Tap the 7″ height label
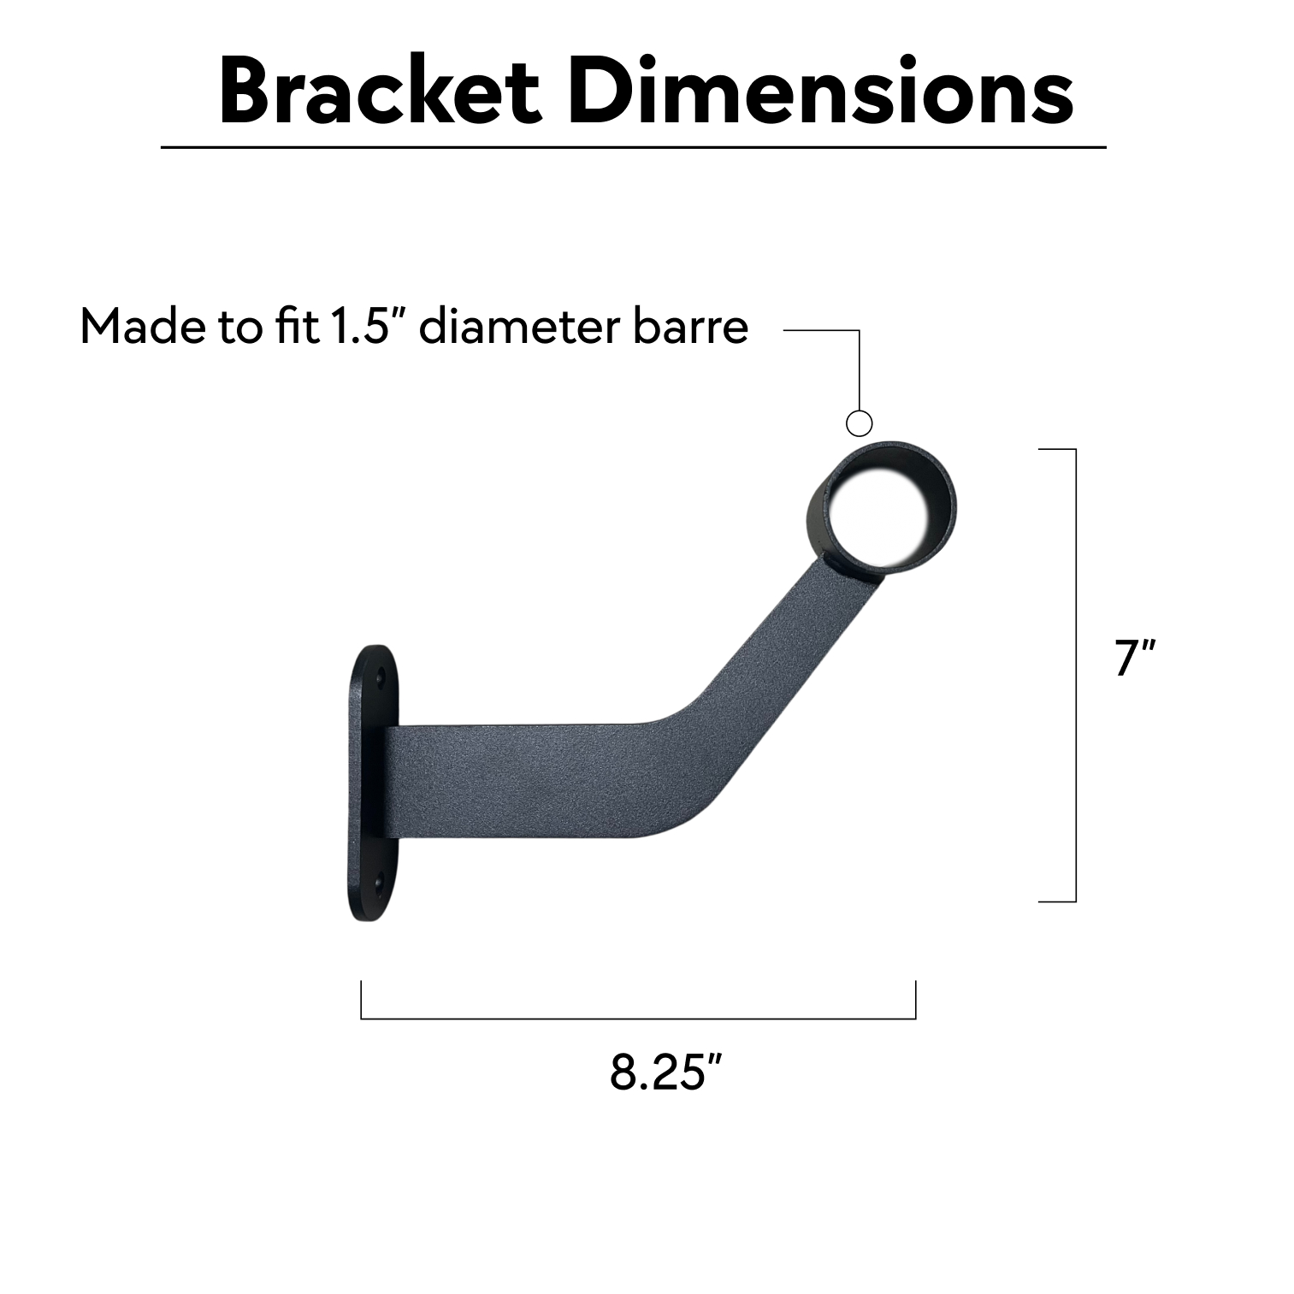pyautogui.click(x=1135, y=659)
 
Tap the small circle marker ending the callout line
pyautogui.click(x=859, y=422)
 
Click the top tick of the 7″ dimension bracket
pyautogui.click(x=1057, y=448)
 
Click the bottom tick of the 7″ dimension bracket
pyautogui.click(x=1057, y=901)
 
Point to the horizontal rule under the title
pyautogui.click(x=633, y=147)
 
